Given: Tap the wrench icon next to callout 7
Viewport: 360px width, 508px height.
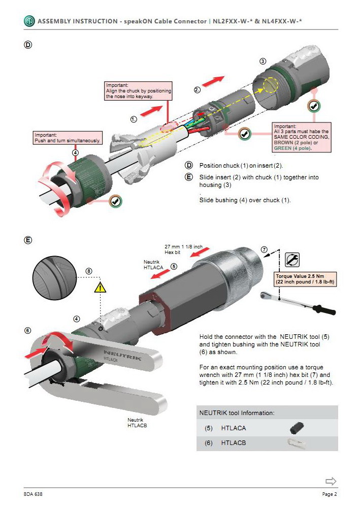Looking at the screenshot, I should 292,260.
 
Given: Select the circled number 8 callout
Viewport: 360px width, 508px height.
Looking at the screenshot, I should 89,271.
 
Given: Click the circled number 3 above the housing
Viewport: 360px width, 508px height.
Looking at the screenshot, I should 263,61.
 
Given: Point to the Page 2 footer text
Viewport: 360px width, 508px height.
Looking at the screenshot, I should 330,494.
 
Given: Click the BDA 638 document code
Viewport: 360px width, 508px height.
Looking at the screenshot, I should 34,494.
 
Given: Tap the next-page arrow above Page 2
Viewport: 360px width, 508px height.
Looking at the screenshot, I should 331,481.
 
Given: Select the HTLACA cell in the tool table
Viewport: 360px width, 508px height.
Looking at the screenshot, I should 234,428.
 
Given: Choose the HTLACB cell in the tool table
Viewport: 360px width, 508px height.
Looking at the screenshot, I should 234,443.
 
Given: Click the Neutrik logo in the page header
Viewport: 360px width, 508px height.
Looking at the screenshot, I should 29,21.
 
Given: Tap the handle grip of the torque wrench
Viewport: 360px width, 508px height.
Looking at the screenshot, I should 325,309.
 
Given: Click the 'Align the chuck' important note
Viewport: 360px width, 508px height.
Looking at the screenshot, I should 138,91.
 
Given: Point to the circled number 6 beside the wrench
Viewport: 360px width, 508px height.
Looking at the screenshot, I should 27,330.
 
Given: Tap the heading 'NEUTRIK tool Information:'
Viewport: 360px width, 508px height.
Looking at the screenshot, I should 237,413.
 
